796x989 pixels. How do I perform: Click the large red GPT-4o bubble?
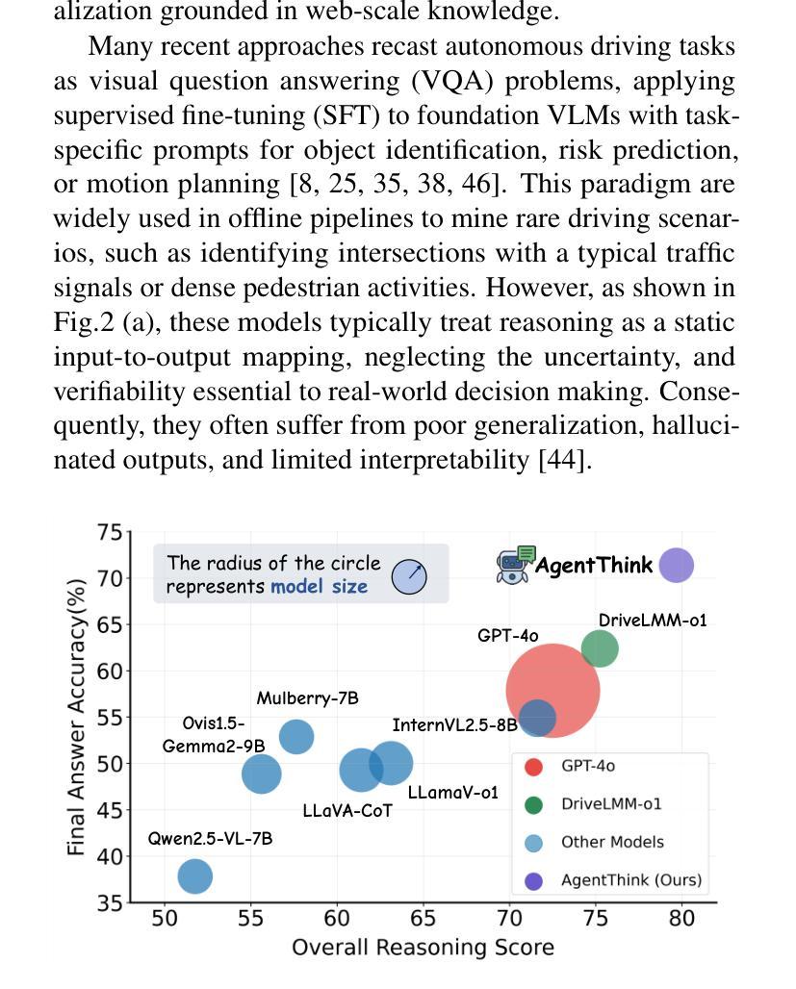[x=552, y=690]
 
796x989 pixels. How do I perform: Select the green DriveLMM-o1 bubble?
[x=599, y=648]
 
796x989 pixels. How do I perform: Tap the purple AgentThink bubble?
[x=676, y=566]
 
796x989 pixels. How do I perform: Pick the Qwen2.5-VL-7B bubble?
[x=194, y=876]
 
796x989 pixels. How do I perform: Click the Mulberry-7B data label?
[x=307, y=698]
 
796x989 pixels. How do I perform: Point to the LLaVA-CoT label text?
[x=347, y=811]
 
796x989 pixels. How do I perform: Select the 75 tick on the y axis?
[x=110, y=532]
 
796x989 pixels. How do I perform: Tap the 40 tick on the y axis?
[x=110, y=856]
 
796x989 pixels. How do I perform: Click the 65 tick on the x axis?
[x=423, y=918]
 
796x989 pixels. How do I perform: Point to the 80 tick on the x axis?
[x=681, y=918]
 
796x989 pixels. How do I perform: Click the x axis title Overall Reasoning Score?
[x=423, y=948]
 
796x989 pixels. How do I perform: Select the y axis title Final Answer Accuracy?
[x=77, y=717]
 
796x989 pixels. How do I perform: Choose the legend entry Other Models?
[x=612, y=842]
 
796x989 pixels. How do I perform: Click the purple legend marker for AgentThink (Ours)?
[x=533, y=880]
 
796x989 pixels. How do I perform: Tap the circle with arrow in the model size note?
[x=409, y=576]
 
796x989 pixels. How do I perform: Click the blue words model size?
[x=319, y=587]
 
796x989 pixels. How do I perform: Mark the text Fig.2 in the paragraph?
[x=84, y=322]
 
